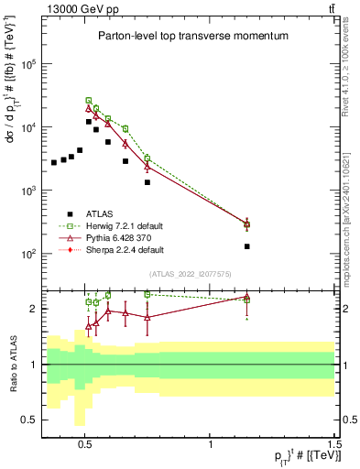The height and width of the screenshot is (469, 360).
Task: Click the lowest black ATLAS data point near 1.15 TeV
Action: pyautogui.click(x=247, y=246)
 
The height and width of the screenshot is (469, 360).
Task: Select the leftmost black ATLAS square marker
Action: pyautogui.click(x=54, y=162)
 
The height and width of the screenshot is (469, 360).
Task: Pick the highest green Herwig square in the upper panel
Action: pyautogui.click(x=89, y=100)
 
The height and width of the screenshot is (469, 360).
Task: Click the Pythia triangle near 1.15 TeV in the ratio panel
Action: pyautogui.click(x=247, y=297)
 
